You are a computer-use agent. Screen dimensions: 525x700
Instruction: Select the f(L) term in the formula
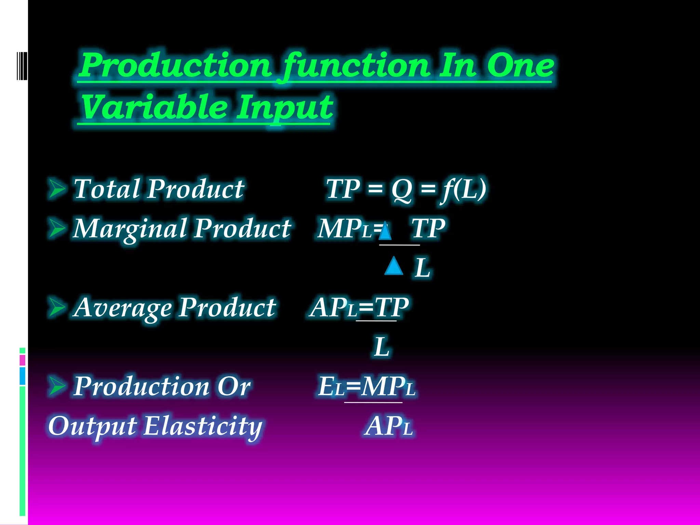(463, 189)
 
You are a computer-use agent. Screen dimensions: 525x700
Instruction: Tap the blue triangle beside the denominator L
(394, 266)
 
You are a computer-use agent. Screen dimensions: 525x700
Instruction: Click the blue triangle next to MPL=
(385, 231)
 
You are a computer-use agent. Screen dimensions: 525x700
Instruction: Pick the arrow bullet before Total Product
(57, 188)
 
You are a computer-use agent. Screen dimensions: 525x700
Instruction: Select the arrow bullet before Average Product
(57, 307)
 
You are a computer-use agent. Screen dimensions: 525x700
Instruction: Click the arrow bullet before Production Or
(57, 386)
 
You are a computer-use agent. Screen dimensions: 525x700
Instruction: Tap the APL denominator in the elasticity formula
(389, 426)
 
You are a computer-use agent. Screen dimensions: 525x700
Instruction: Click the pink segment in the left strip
(23, 360)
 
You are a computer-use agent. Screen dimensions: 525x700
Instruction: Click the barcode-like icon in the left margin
(22, 66)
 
